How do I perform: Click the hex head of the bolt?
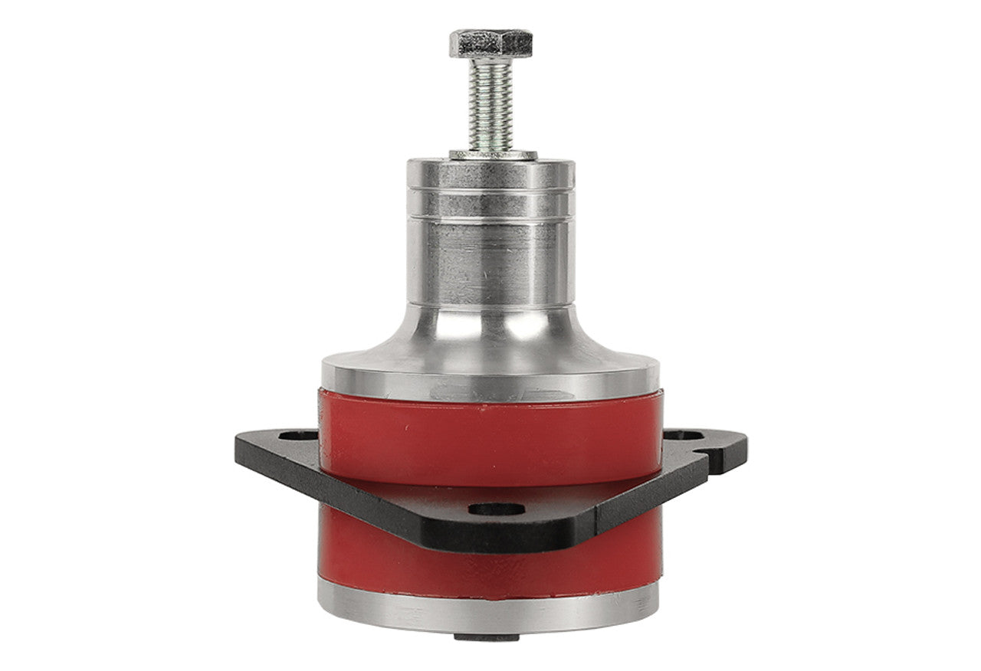click(490, 42)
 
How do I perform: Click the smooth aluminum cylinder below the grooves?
click(490, 260)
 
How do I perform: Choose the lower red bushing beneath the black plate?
click(490, 567)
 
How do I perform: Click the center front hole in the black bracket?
click(497, 509)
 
